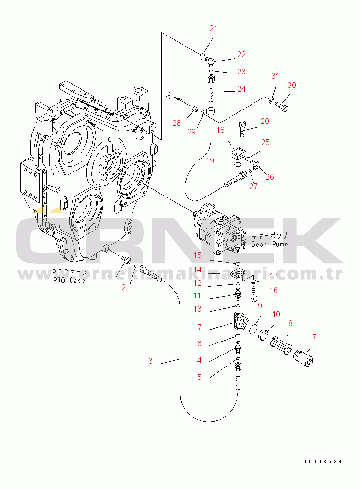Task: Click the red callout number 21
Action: click(x=213, y=29)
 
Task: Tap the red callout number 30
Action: click(x=292, y=85)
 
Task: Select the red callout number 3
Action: click(x=150, y=361)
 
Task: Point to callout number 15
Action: click(x=198, y=255)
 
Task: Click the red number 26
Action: click(x=270, y=177)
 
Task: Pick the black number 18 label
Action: click(x=220, y=130)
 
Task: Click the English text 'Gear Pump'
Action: click(x=270, y=244)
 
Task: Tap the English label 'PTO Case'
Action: click(x=69, y=280)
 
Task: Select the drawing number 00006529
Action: click(x=322, y=461)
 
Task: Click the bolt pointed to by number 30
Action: click(x=281, y=108)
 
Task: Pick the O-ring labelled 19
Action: click(x=237, y=164)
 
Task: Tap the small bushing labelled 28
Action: click(x=194, y=109)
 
